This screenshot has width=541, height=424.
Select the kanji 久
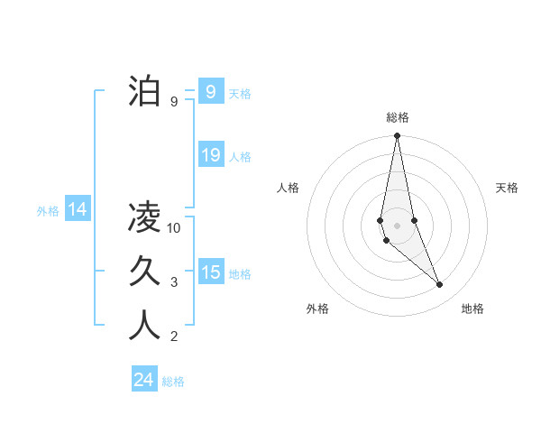[144, 271]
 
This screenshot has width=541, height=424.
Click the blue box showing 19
[211, 154]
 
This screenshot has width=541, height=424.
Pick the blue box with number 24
[144, 380]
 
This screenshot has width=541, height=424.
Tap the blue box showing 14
[78, 210]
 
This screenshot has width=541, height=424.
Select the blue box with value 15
[211, 272]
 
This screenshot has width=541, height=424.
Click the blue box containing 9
[211, 91]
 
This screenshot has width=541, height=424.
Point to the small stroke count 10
[175, 228]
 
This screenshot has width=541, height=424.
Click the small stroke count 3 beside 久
[174, 282]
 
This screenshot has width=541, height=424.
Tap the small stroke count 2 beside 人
[174, 337]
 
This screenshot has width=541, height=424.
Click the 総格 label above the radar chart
[398, 117]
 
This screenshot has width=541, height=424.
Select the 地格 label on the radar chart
[472, 309]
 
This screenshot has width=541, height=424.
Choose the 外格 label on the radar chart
[317, 309]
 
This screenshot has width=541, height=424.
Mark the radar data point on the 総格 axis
[397, 136]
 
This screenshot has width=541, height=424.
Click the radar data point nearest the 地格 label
[440, 285]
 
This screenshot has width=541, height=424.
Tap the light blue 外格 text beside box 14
[48, 211]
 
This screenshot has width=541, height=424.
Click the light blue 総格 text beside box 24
[173, 382]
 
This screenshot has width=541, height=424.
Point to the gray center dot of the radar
[397, 226]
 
